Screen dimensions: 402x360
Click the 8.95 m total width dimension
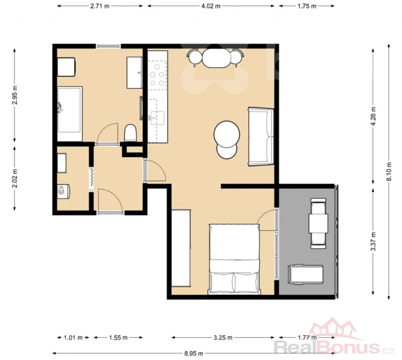pos(194,353)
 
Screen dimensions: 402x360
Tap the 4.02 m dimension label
pos(211,6)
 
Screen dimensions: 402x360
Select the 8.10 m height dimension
pos(389,171)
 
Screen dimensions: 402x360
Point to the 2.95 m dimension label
pos(14,95)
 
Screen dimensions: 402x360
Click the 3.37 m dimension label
pos(373,241)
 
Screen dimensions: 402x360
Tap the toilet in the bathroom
pos(130,133)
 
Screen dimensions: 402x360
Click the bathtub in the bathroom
pos(70,114)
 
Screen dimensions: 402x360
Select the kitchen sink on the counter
pos(157,118)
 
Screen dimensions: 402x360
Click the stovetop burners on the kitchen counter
pos(157,75)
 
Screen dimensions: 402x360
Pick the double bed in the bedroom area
pos(235,259)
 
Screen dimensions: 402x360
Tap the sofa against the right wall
pos(261,137)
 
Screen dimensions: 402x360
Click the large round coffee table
pos(227,134)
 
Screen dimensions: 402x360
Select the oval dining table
pos(217,58)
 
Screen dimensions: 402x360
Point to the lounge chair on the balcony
pos(305,275)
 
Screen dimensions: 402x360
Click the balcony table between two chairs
pos(319,223)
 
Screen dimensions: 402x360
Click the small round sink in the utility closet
pos(62,190)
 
